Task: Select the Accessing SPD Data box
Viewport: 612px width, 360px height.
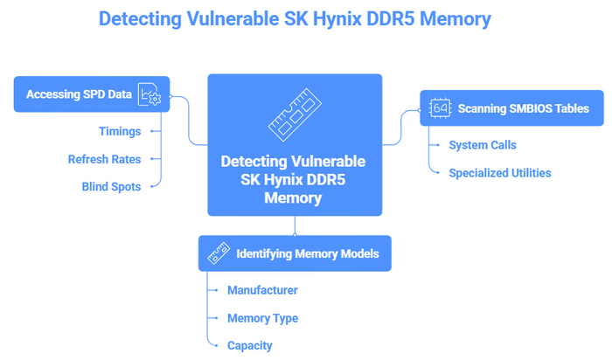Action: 91,94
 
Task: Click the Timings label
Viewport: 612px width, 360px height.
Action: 120,131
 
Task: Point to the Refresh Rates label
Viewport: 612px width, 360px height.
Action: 104,159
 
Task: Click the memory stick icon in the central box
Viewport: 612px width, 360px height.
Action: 294,113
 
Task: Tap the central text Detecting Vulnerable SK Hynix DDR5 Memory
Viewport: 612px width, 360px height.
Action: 294,179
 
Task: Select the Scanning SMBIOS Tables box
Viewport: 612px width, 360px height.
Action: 510,108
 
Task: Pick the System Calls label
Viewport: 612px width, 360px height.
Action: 482,145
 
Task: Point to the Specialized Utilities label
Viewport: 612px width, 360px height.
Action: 499,173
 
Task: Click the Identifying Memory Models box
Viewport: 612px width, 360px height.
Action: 294,254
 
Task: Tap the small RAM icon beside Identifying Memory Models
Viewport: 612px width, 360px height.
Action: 217,254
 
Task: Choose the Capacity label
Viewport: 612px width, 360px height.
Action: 249,345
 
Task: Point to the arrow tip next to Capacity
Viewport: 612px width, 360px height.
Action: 219,345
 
